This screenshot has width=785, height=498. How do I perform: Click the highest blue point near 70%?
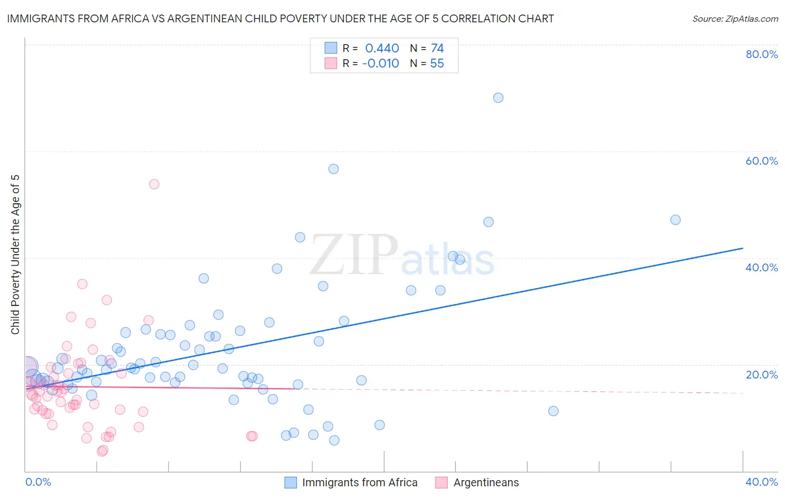[x=498, y=98]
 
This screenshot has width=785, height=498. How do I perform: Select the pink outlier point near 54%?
[x=154, y=184]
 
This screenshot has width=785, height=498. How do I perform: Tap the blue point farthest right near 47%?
[x=676, y=220]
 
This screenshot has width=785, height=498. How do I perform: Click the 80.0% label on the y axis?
[x=762, y=54]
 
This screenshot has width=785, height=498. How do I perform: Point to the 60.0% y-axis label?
[x=762, y=161]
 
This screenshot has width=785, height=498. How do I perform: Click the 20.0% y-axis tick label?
[x=762, y=375]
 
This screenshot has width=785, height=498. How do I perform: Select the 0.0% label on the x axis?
[x=38, y=482]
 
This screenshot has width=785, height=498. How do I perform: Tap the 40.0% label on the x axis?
[x=762, y=482]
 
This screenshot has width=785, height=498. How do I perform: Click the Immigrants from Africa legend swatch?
[x=290, y=482]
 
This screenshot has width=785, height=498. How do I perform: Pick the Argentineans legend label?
[x=486, y=482]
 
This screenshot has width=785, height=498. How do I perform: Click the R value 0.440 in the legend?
[x=382, y=49]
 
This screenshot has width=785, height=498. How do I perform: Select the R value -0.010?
[x=380, y=64]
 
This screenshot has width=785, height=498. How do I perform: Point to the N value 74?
[x=437, y=49]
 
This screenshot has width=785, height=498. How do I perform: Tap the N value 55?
[x=437, y=64]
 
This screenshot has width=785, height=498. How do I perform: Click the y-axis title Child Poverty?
[x=16, y=255]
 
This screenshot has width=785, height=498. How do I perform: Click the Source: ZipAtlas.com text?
[x=735, y=19]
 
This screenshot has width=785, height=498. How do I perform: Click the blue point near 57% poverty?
[x=333, y=169]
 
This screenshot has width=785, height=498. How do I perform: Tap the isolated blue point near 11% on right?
[x=553, y=411]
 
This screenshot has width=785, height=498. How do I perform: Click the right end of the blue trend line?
[x=743, y=248]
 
